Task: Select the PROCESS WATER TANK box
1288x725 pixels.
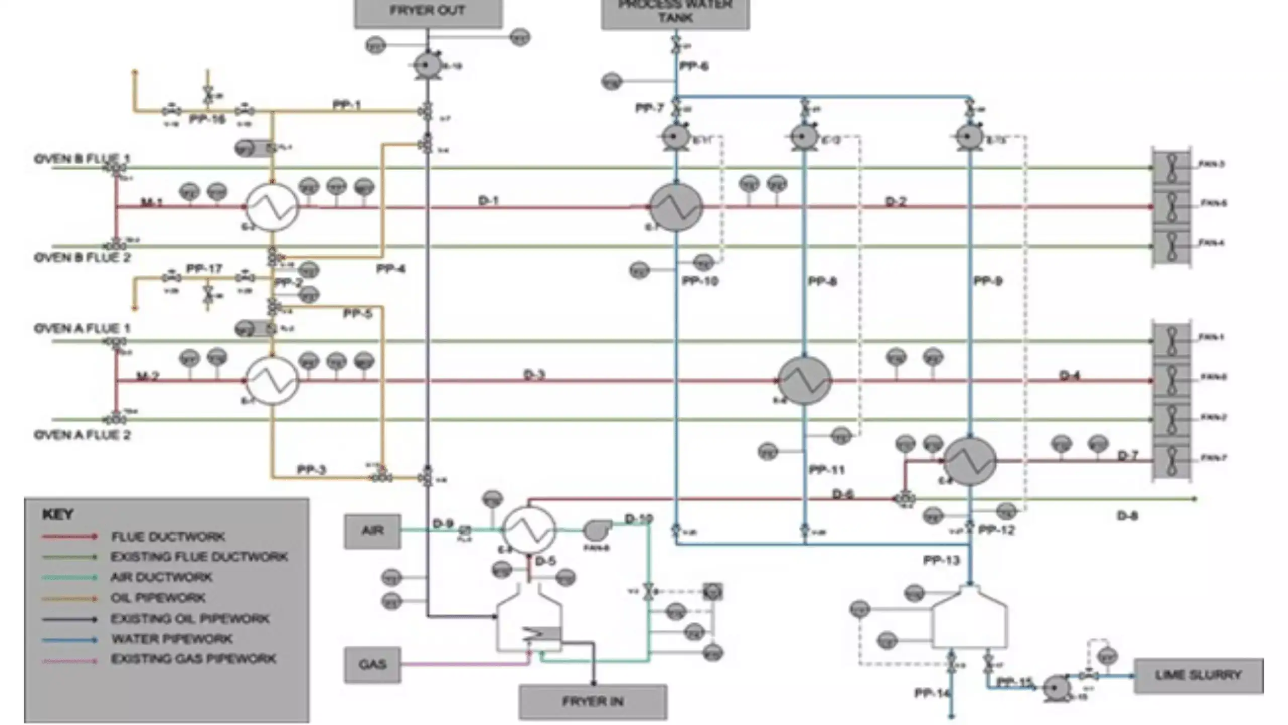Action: [675, 13]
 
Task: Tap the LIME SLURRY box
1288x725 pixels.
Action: [1198, 676]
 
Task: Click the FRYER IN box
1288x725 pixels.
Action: [593, 701]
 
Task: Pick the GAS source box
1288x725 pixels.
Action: [372, 665]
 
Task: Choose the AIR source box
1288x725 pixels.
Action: [372, 531]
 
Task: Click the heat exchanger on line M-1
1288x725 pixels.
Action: [272, 207]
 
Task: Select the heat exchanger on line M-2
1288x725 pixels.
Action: [272, 381]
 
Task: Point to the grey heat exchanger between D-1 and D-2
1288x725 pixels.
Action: [676, 207]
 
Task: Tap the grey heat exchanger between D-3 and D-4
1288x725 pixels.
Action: [804, 381]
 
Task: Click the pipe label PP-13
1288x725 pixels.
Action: [941, 560]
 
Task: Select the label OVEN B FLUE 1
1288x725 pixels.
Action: [82, 159]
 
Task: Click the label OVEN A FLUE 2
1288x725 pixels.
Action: [82, 435]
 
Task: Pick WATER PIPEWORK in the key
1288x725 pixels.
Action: [172, 639]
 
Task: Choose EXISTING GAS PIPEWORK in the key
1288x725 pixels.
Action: [193, 659]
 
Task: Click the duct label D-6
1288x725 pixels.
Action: [843, 494]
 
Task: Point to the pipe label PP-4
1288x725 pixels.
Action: [390, 269]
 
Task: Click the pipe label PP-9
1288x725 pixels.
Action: [988, 281]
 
